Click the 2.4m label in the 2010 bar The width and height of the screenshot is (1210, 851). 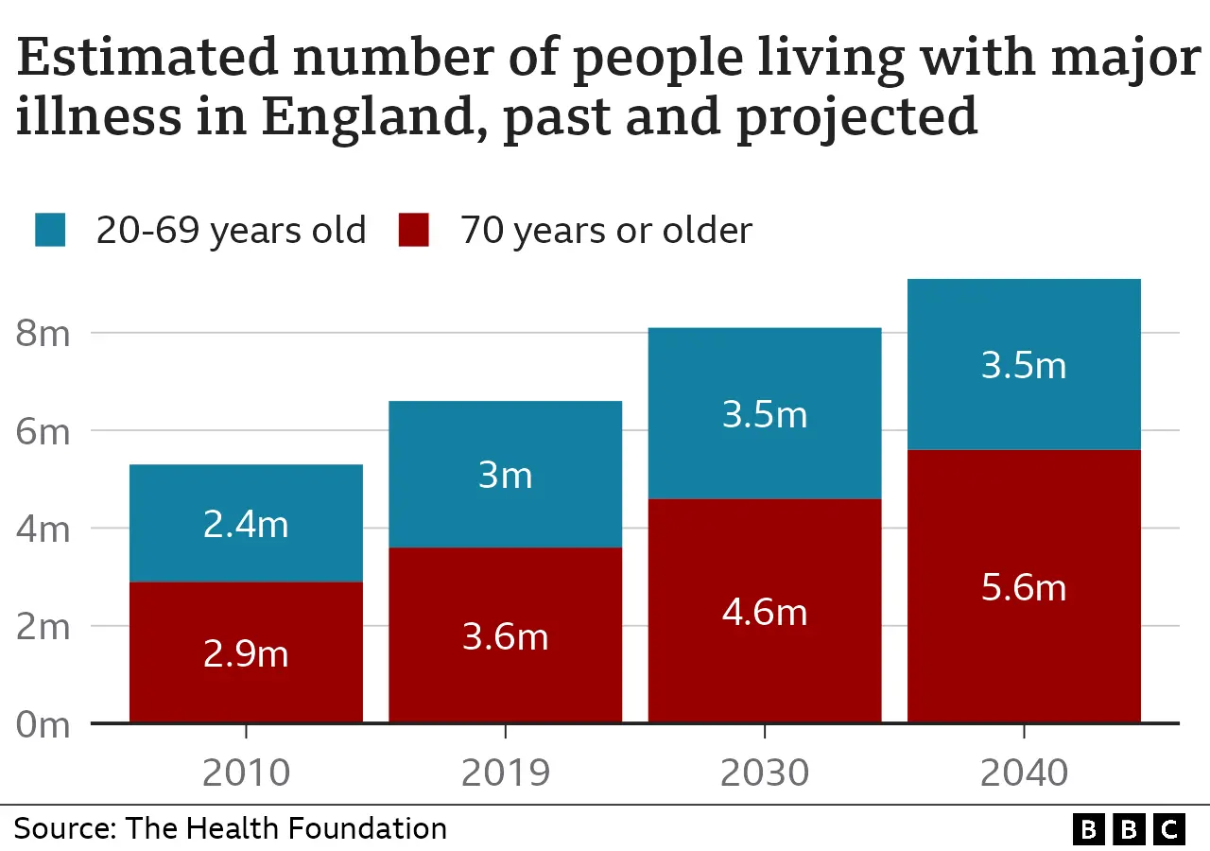pos(246,524)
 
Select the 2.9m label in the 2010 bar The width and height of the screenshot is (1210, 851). pos(246,653)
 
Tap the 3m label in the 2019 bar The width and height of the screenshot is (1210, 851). pos(505,475)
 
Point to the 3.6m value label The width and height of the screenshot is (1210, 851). pos(505,636)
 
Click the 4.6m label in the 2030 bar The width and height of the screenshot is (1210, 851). pos(764,612)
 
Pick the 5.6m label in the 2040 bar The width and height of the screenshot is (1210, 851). pos(1024,587)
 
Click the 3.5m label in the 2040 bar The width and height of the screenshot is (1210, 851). pos(1024,365)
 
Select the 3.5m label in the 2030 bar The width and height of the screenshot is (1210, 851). pos(764,415)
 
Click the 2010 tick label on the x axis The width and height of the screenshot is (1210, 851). pos(246,773)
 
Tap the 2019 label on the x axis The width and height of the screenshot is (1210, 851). pos(505,773)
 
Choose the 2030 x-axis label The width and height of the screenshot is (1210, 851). pos(764,773)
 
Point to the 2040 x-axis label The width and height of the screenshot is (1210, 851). pos(1024,773)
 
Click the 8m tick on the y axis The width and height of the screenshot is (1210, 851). pos(43,334)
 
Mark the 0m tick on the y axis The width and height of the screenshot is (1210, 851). pos(43,724)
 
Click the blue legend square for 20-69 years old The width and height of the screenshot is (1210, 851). pos(50,231)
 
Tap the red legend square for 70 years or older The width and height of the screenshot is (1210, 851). pos(413,231)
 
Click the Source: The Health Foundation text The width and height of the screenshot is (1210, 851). pos(230,828)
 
